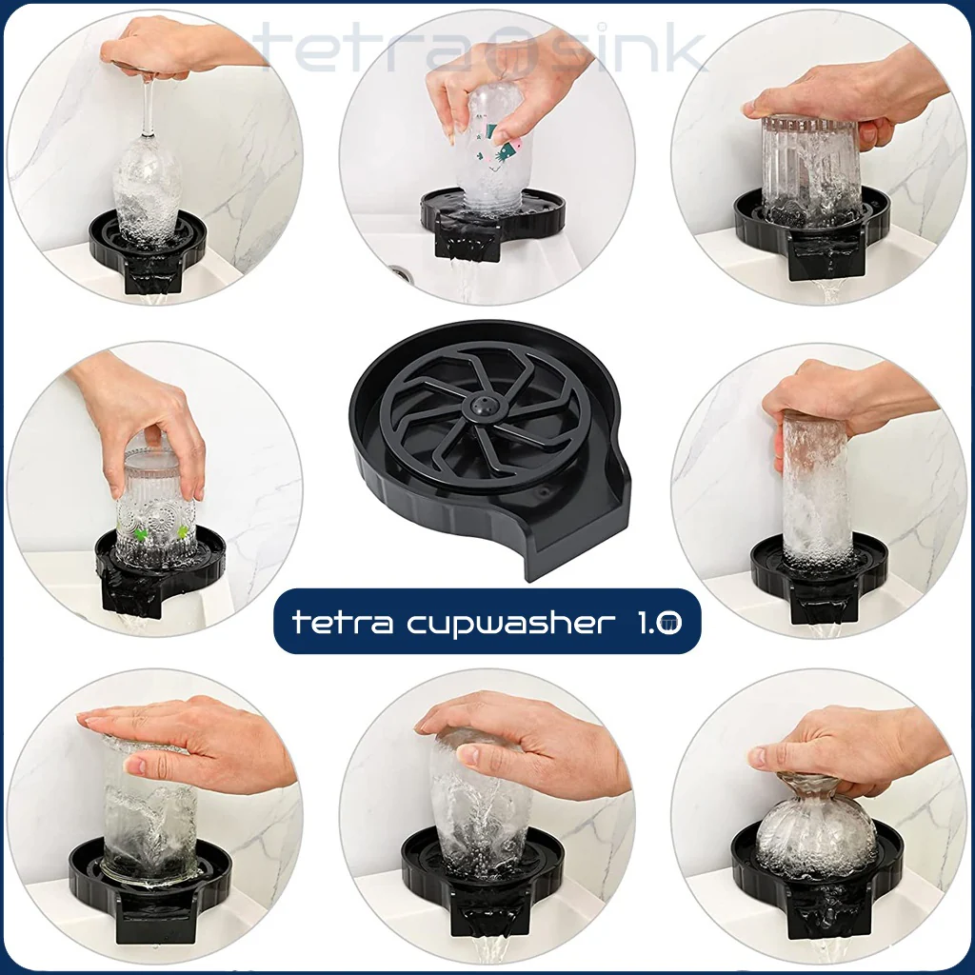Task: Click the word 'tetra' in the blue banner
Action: [342, 621]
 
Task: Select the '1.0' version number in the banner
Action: [659, 622]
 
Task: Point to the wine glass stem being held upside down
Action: [148, 106]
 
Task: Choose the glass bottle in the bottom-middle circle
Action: [480, 802]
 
